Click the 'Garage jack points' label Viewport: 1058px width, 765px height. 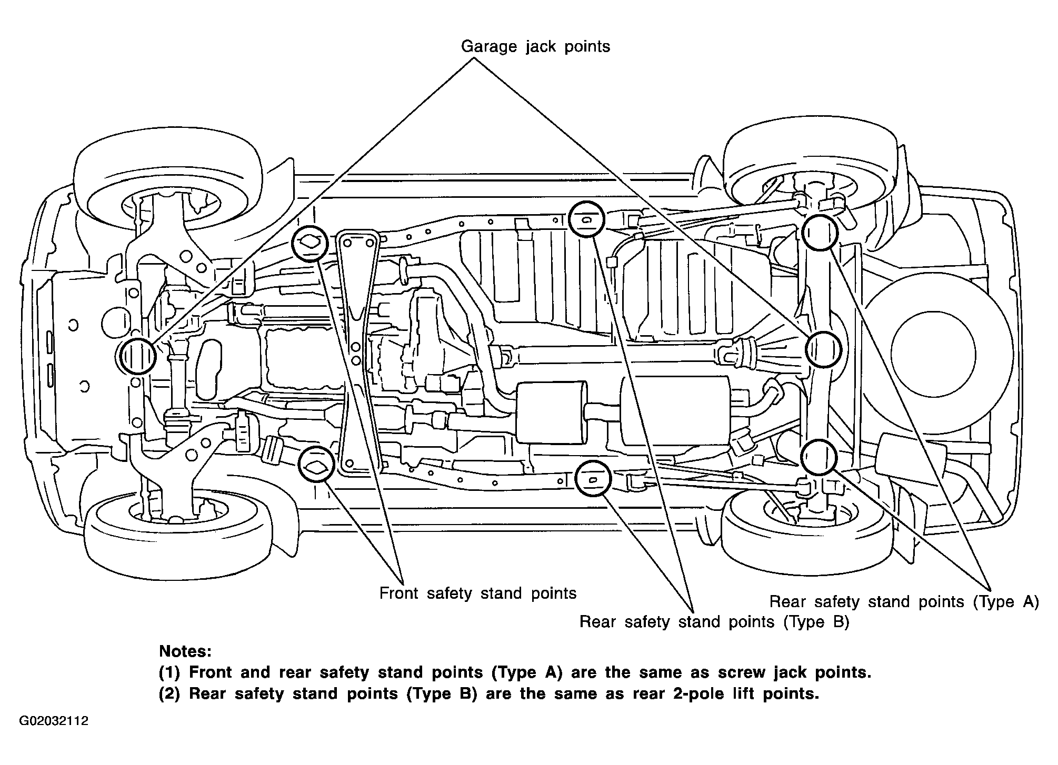(535, 47)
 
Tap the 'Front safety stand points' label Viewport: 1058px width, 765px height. (478, 593)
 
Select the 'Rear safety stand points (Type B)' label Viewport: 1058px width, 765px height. (714, 622)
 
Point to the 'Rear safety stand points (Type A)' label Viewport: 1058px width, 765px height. (904, 601)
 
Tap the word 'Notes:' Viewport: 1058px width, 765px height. (185, 651)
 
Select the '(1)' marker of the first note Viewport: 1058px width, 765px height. (169, 672)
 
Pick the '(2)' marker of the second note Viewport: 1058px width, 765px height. (169, 693)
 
